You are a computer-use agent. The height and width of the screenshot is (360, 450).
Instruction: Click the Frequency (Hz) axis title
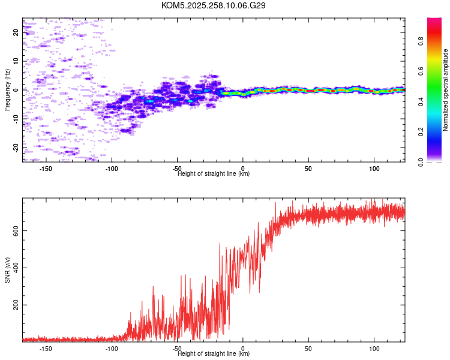[7, 90]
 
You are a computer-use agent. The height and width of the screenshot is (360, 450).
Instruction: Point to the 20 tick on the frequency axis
[16, 32]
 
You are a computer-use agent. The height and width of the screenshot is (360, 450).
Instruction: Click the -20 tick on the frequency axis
[16, 146]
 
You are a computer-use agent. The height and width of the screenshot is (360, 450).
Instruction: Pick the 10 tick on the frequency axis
[16, 61]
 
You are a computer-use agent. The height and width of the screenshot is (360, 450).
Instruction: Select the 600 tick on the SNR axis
[16, 230]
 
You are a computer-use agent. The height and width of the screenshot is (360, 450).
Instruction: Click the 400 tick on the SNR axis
[16, 268]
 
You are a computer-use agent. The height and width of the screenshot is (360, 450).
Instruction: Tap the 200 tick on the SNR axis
[16, 305]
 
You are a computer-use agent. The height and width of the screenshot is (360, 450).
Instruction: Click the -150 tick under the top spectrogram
[46, 169]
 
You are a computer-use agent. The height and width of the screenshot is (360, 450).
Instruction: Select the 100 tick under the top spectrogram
[374, 169]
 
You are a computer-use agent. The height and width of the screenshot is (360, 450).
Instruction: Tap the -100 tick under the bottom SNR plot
[112, 348]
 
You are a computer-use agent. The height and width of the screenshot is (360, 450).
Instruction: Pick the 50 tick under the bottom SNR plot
[308, 348]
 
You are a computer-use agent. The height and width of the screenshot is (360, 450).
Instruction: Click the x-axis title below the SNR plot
[214, 354]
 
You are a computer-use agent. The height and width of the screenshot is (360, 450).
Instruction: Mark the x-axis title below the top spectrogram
[214, 174]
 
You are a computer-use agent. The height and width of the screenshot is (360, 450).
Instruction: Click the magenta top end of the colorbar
[434, 21]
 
